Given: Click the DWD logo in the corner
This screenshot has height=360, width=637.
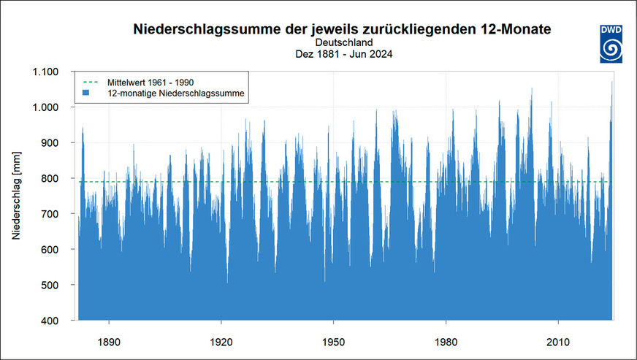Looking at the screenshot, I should pos(611,42).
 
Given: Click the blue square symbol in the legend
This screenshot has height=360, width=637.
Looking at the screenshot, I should pos(86,93).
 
